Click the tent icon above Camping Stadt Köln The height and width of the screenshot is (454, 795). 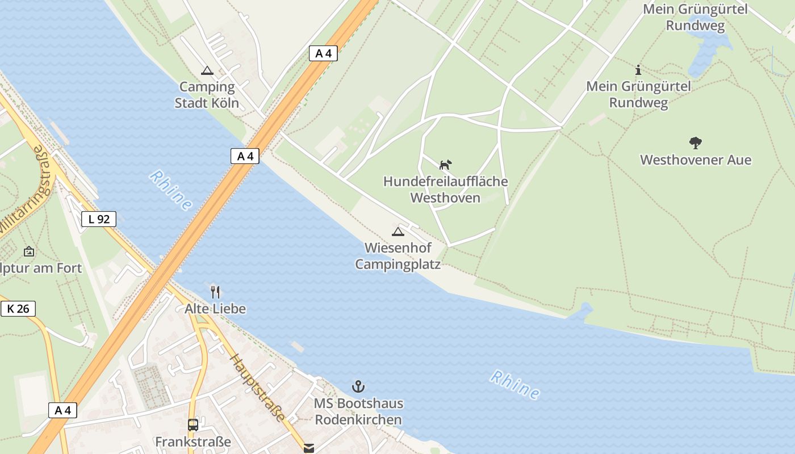point(207,71)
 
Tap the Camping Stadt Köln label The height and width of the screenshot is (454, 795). point(207,95)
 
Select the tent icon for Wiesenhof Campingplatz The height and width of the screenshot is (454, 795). point(398,232)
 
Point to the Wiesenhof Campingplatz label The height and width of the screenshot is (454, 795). point(397,256)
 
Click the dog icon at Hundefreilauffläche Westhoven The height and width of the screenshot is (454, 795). point(446,165)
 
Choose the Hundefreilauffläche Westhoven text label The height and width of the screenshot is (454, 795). point(446,190)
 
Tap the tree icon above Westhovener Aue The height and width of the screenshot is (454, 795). point(696,143)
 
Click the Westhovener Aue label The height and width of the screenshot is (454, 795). point(696,160)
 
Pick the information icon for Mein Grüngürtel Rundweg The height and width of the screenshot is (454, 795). point(638,70)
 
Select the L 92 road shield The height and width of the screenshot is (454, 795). point(99,219)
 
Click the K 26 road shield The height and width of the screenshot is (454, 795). point(18,309)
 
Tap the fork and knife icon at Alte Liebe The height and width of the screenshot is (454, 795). point(215,292)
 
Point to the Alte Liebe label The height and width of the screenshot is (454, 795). point(215,309)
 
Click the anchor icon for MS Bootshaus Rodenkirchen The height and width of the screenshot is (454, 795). point(358,387)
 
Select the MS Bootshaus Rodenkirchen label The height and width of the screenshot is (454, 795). point(358,411)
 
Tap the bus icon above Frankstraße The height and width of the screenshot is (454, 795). point(193,425)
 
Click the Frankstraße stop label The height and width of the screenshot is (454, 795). point(193,442)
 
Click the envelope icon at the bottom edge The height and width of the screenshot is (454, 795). point(308,448)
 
